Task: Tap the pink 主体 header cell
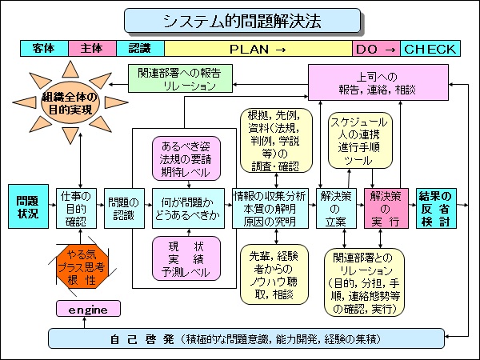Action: tap(92, 49)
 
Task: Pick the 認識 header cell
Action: tap(139, 49)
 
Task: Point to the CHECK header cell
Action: tap(430, 49)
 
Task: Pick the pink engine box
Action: tap(88, 308)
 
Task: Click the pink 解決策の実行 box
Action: tap(384, 206)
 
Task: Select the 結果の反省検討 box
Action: tap(436, 206)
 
